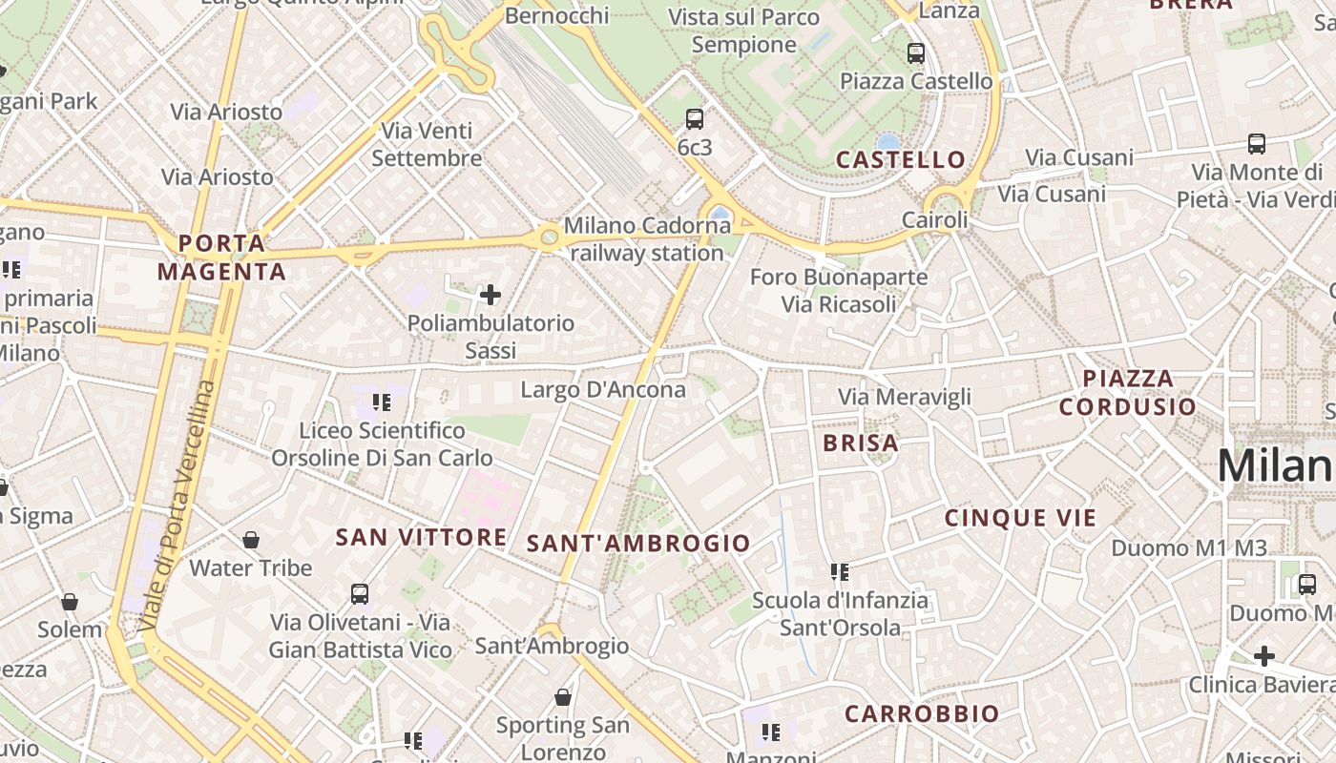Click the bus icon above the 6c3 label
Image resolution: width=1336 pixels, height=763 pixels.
tap(695, 119)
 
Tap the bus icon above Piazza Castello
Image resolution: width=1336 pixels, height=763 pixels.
tap(916, 53)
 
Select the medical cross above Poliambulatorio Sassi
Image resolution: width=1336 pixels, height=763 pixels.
tap(491, 295)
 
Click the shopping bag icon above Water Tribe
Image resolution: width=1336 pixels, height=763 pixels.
tap(251, 541)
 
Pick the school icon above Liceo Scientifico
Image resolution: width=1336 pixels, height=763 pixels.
tap(382, 402)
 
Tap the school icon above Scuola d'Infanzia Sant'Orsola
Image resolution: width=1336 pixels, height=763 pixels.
tap(840, 572)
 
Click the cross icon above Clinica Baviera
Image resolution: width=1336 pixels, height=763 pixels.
tap(1264, 656)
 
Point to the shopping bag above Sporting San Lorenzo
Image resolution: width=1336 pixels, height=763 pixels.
tap(563, 697)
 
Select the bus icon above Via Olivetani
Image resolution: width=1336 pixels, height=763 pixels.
tap(360, 593)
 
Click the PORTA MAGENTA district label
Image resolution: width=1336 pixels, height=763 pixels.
tap(221, 258)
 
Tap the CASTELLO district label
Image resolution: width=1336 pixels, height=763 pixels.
tap(901, 160)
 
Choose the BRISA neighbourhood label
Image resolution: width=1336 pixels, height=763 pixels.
tap(861, 443)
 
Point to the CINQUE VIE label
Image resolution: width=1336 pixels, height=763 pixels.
tap(1020, 518)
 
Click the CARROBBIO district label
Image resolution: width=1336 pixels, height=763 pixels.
tap(922, 713)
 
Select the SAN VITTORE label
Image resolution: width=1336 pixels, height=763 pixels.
tap(421, 538)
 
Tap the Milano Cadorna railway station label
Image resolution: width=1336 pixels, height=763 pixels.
tap(647, 239)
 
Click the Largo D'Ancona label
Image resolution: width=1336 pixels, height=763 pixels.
tap(603, 389)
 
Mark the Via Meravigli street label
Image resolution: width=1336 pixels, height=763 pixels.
tap(905, 397)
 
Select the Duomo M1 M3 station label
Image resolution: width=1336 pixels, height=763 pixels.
tap(1189, 548)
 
